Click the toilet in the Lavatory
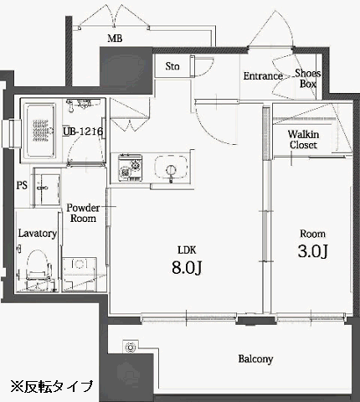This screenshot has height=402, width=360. point(39,265)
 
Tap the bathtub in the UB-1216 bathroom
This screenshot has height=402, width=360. point(40,131)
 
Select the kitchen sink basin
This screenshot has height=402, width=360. point(171,168)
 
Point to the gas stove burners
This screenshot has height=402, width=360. point(130,168)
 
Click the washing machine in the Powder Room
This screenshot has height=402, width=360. point(80,274)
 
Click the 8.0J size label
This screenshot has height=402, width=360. point(187,268)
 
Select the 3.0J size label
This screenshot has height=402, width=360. point(312,251)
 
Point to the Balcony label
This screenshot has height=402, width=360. point(255,359)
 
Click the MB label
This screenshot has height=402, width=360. point(115,39)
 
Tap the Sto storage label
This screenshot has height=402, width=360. point(172,66)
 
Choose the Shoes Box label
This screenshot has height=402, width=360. point(308,79)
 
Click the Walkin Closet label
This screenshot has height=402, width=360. point(303,140)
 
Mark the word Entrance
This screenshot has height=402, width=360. point(263,76)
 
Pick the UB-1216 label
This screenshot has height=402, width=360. point(83,131)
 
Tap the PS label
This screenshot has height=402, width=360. point(22,185)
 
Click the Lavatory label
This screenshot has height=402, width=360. point(38,234)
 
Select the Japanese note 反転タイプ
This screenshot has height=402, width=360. point(52,386)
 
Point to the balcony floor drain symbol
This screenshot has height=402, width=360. point(130,347)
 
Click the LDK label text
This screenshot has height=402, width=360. point(187,250)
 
